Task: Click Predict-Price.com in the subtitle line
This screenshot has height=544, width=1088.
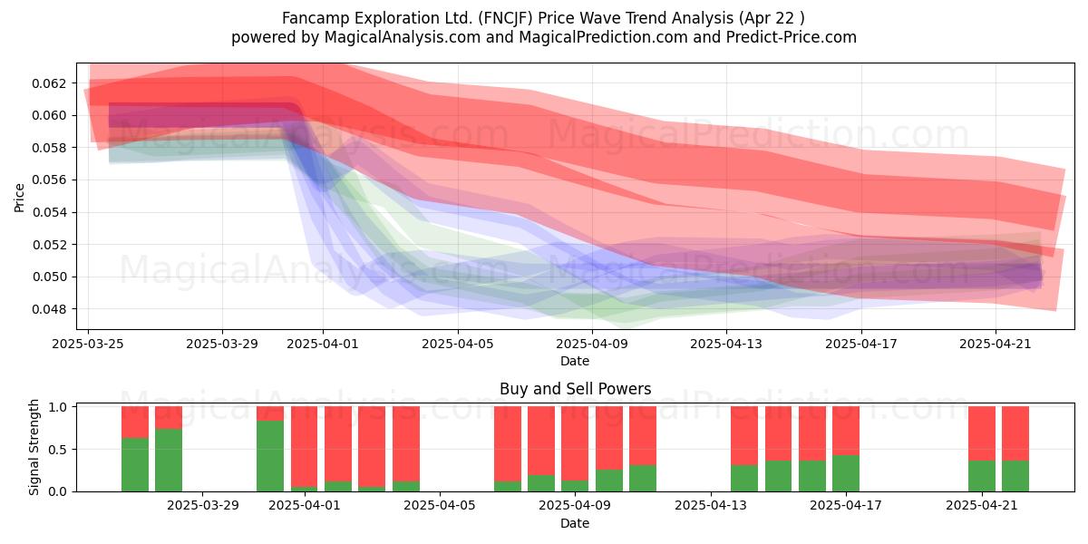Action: tap(792, 37)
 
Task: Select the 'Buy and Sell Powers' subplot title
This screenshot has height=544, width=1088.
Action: tap(575, 389)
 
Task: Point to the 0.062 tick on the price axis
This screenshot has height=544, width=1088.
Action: tap(49, 83)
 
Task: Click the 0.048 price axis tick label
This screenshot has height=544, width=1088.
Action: tap(49, 309)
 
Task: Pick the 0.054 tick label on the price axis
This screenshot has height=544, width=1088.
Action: tap(49, 213)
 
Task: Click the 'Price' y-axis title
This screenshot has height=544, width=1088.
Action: tap(19, 198)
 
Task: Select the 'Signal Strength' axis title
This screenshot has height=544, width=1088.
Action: tap(34, 447)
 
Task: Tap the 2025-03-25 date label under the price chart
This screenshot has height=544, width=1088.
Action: tap(88, 344)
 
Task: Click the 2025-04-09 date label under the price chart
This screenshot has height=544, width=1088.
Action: tap(592, 344)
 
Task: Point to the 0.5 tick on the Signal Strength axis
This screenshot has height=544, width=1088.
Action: tap(58, 450)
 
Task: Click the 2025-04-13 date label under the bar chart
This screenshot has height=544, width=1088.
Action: tap(711, 506)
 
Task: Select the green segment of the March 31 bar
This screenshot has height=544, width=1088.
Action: tap(270, 456)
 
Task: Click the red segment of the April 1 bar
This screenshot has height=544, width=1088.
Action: tap(304, 446)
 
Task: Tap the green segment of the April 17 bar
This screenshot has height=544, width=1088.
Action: tap(846, 473)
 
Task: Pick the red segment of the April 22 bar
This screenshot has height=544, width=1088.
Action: tap(1015, 433)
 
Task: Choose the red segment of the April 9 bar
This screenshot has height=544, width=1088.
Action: tap(575, 443)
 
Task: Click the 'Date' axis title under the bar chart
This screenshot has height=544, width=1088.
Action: tap(575, 523)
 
